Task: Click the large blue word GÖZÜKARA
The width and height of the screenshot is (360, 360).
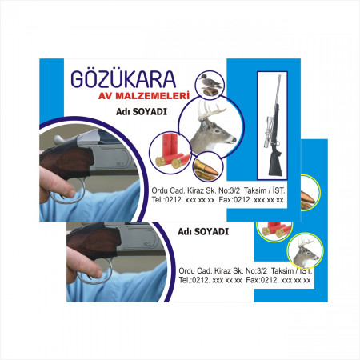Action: click(x=123, y=79)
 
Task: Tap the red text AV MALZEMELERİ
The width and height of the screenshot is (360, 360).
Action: click(x=144, y=96)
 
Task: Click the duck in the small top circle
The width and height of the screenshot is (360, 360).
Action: click(x=210, y=82)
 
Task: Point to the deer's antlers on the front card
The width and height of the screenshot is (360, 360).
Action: click(x=210, y=110)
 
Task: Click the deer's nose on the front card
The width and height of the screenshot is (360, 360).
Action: click(x=234, y=139)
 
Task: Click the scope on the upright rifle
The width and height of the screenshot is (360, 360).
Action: click(x=269, y=131)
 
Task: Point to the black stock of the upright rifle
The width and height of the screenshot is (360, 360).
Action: click(x=275, y=162)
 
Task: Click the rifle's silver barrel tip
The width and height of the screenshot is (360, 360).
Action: click(x=280, y=76)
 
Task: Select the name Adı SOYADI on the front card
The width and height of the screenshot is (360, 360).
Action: click(x=142, y=111)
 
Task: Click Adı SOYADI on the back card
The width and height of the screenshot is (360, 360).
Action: click(x=203, y=231)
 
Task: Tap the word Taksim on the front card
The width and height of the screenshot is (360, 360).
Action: click(x=255, y=190)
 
